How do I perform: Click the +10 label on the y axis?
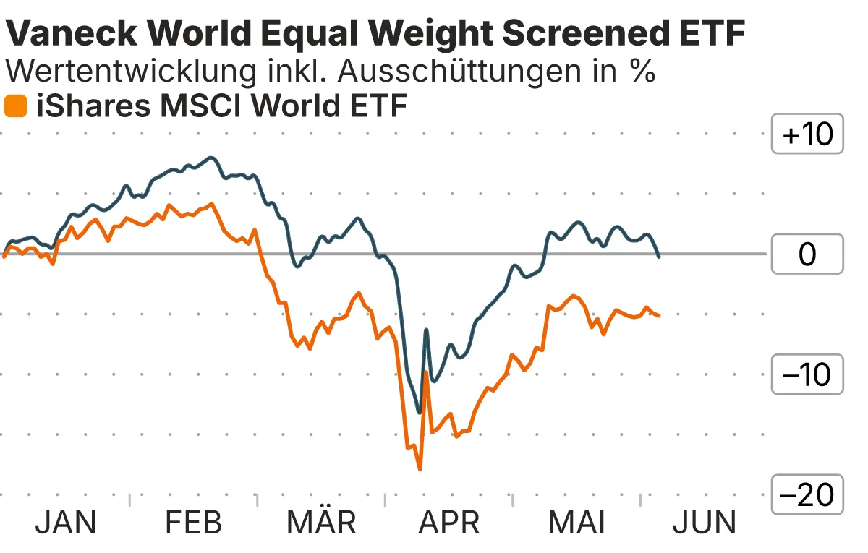(807, 134)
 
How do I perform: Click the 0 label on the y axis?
(807, 254)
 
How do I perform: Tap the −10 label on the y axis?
(807, 374)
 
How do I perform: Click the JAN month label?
(66, 522)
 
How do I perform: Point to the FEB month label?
(193, 522)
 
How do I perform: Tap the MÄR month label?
(322, 522)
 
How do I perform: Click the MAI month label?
(576, 522)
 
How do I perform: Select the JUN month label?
(705, 522)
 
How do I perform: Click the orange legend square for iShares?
(15, 106)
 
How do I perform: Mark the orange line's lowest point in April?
(420, 469)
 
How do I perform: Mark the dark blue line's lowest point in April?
(419, 413)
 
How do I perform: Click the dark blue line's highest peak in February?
(211, 157)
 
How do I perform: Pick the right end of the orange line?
(658, 315)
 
